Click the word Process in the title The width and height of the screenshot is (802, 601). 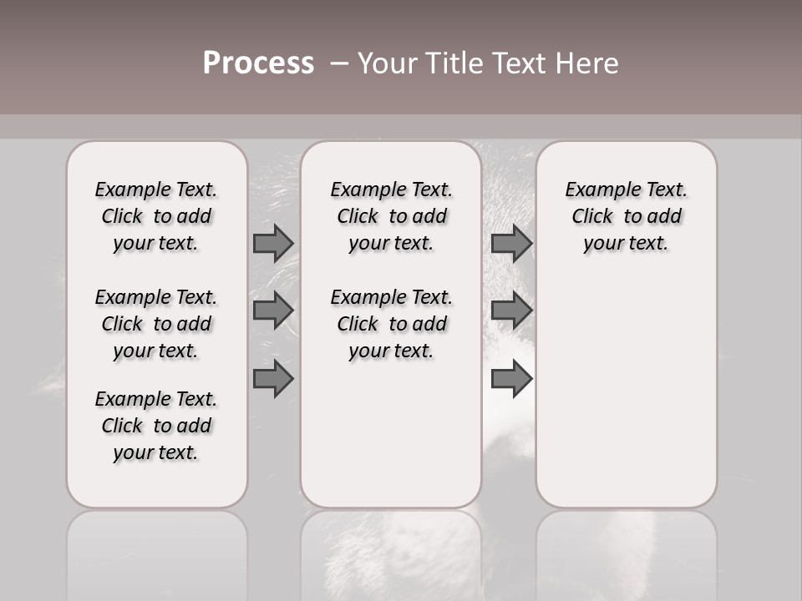258,63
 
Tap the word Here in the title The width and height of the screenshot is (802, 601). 585,63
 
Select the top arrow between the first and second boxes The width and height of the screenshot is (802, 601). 273,243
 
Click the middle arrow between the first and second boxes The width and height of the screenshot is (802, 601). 273,311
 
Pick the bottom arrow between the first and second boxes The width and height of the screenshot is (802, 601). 273,378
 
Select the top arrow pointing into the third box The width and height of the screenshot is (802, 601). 511,243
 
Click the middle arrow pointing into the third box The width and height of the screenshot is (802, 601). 511,311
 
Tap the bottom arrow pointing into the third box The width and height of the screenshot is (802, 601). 511,378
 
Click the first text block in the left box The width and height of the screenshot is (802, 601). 156,216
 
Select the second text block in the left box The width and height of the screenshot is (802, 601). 156,324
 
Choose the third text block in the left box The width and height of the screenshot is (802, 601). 156,426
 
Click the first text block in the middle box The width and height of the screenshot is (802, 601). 391,216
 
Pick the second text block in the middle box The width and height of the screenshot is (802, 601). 391,324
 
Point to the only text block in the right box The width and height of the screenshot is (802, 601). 627,216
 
